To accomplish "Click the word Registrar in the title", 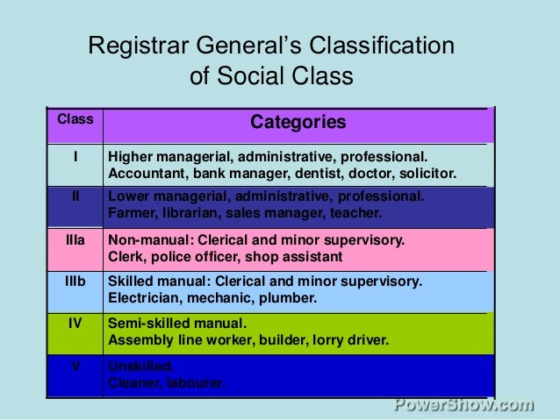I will click(x=138, y=46).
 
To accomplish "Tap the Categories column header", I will click(x=298, y=122).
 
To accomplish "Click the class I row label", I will click(x=75, y=158).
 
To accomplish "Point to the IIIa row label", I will click(x=75, y=240).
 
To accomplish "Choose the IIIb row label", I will click(x=75, y=281).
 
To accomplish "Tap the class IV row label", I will click(x=75, y=322).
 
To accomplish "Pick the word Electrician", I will click(x=140, y=298).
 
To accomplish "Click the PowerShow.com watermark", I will click(x=463, y=404).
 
